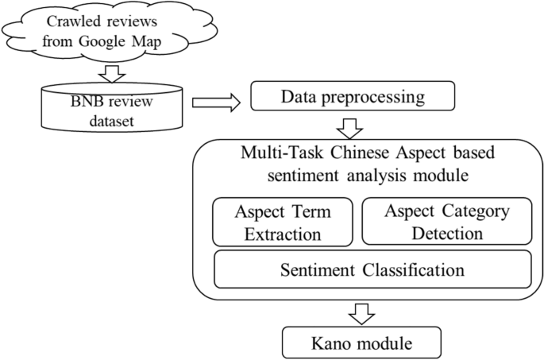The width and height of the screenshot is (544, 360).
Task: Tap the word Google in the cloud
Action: click(x=102, y=42)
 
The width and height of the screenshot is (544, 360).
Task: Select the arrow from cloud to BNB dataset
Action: click(x=112, y=73)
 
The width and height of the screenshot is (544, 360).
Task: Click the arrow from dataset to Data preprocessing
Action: click(x=216, y=103)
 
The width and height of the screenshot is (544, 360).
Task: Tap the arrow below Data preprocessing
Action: click(x=349, y=129)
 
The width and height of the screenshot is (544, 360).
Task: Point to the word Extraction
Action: click(x=283, y=234)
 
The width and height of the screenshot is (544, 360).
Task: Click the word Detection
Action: click(x=447, y=234)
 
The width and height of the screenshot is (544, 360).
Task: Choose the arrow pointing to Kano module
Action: click(x=361, y=314)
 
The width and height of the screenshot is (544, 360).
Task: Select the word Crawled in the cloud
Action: click(x=71, y=21)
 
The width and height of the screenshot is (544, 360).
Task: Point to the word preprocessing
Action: click(x=372, y=98)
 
